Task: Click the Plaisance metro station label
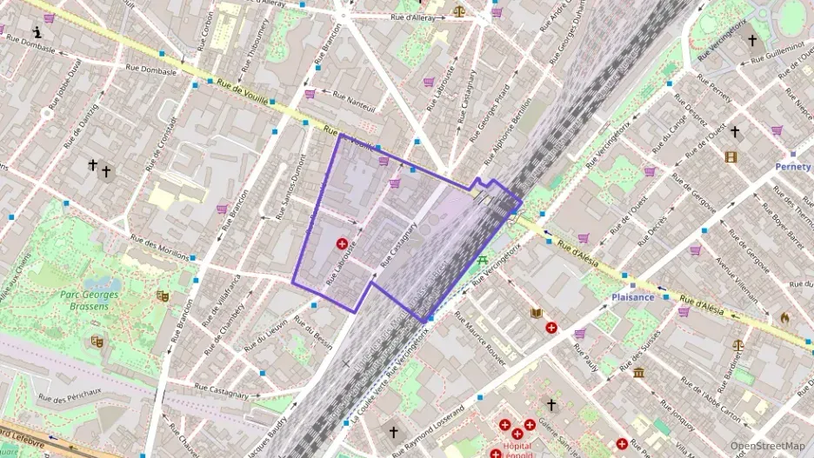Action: [x=632, y=296]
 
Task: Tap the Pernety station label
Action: [x=792, y=166]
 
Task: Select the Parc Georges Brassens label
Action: [x=89, y=301]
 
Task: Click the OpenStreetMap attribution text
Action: [x=767, y=446]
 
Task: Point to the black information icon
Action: [x=37, y=32]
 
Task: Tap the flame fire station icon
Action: [x=785, y=318]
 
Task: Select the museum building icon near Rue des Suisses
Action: [x=639, y=373]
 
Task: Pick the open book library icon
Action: [x=537, y=313]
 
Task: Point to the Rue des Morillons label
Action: [x=159, y=248]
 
